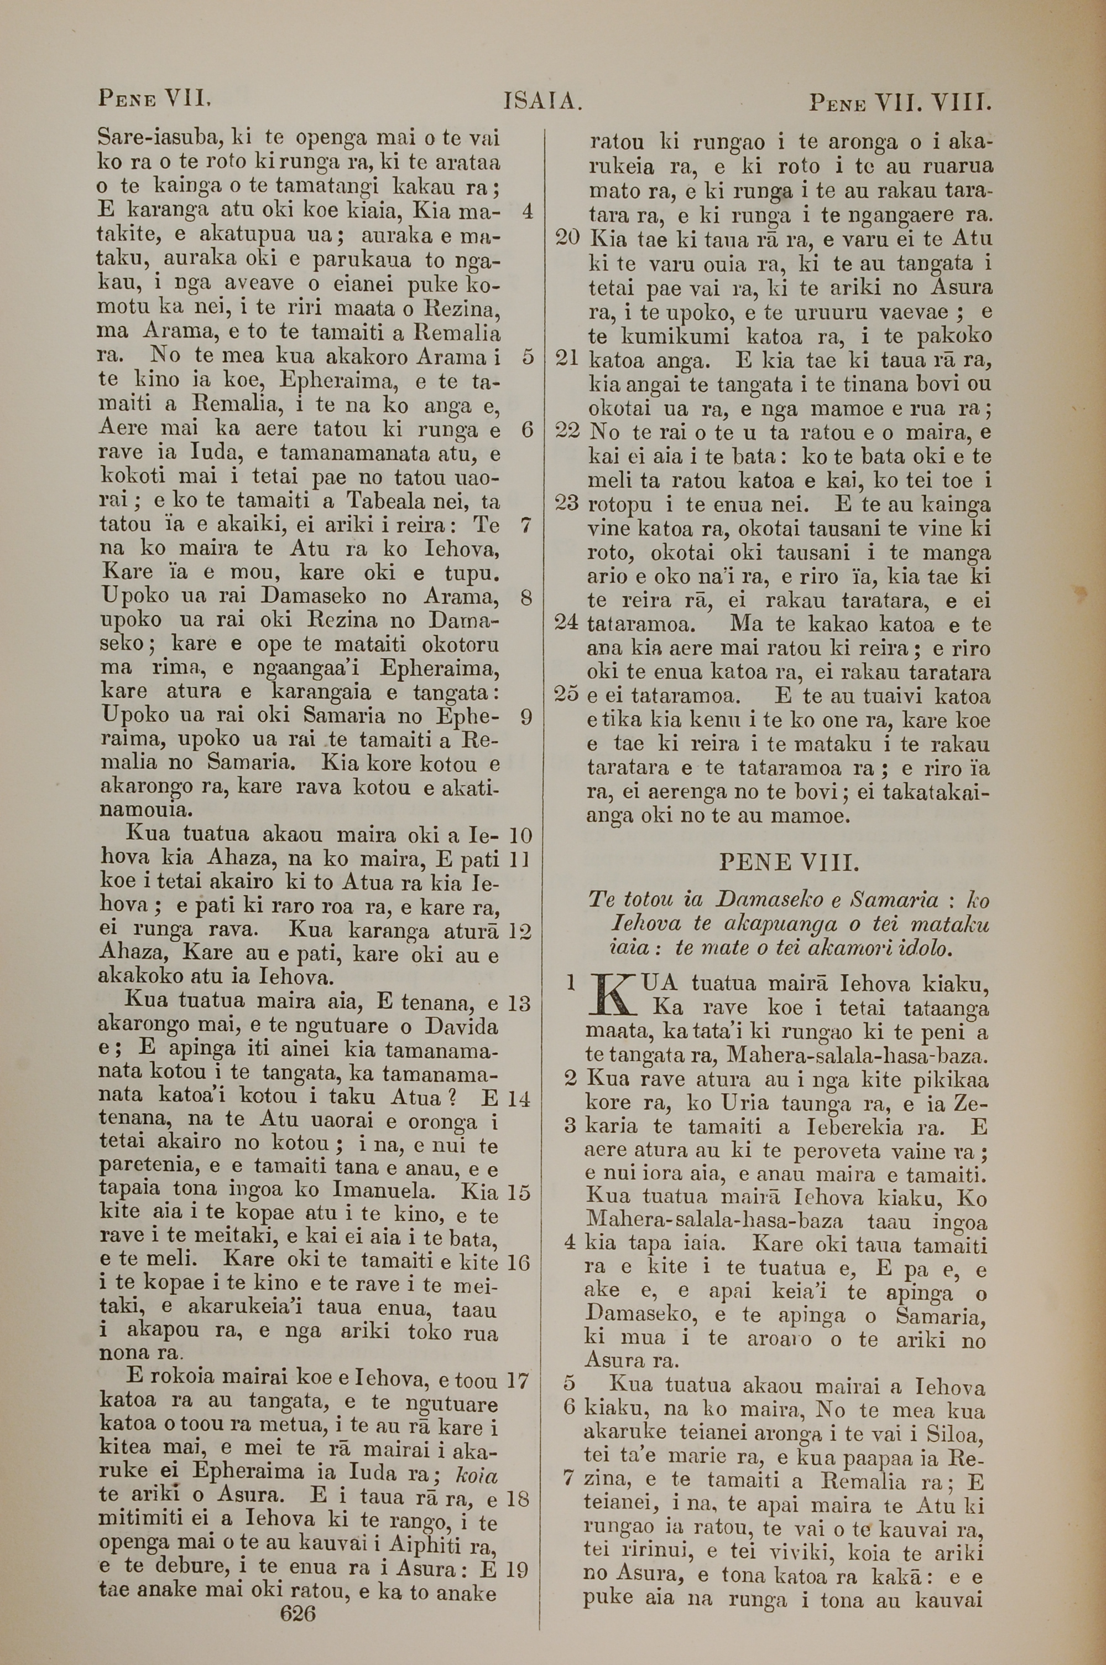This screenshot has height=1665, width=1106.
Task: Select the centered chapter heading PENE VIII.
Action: [x=788, y=862]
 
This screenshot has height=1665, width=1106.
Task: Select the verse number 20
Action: [x=567, y=238]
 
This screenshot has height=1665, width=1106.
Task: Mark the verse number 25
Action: [x=567, y=695]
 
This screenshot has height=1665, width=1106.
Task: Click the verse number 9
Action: [x=525, y=717]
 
